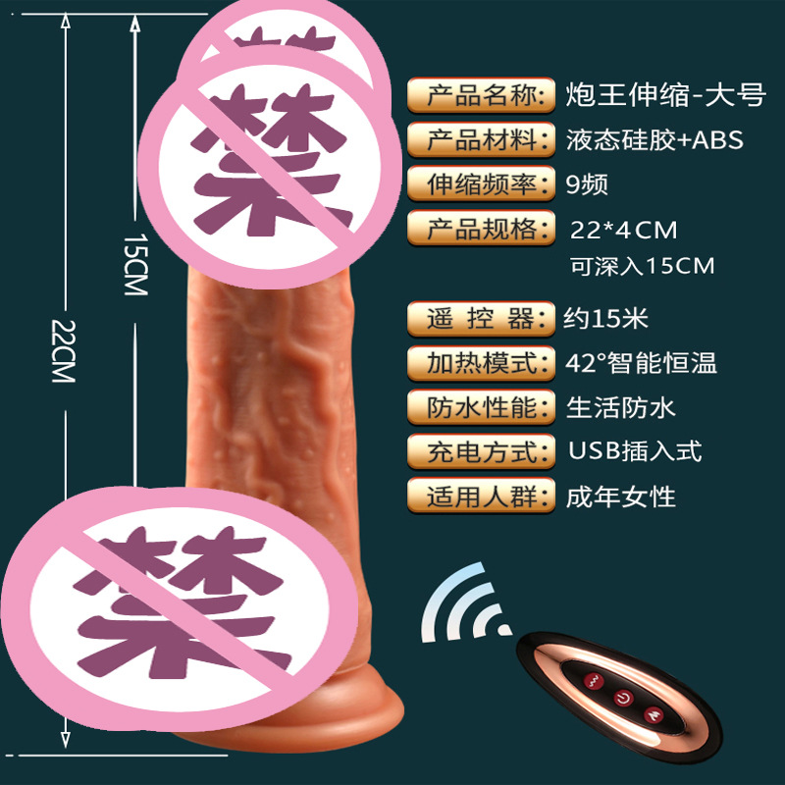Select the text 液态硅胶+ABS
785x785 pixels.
655,139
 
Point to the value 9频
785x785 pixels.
589,183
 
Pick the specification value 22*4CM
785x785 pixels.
625,231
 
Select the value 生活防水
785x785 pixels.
621,406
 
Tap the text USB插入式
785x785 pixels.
636,451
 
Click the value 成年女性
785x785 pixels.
621,496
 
